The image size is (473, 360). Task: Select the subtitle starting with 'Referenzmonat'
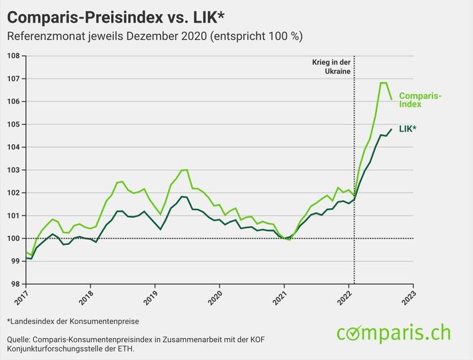pyautogui.click(x=159, y=36)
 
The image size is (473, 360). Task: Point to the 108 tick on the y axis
pyautogui.click(x=13, y=56)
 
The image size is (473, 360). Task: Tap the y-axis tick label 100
pyautogui.click(x=13, y=239)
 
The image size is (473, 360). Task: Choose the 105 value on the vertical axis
pyautogui.click(x=13, y=125)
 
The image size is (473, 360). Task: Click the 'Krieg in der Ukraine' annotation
pyautogui.click(x=331, y=67)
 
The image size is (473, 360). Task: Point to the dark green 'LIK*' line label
pyautogui.click(x=408, y=129)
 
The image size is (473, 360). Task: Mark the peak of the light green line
pyautogui.click(x=383, y=83)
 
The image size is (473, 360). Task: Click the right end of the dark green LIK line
pyautogui.click(x=391, y=129)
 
